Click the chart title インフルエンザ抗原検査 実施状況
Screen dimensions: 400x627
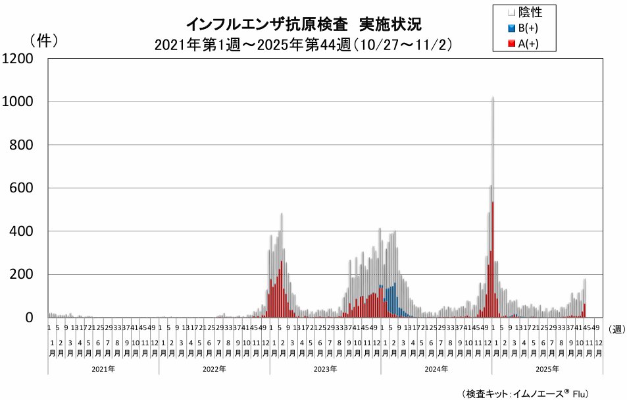pos(303,24)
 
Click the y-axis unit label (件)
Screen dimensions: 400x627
pos(43,40)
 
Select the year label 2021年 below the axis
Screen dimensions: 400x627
pos(103,369)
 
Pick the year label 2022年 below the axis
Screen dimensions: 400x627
pos(214,369)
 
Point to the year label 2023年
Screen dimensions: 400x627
pos(325,369)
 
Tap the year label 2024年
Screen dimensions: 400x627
pos(436,369)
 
